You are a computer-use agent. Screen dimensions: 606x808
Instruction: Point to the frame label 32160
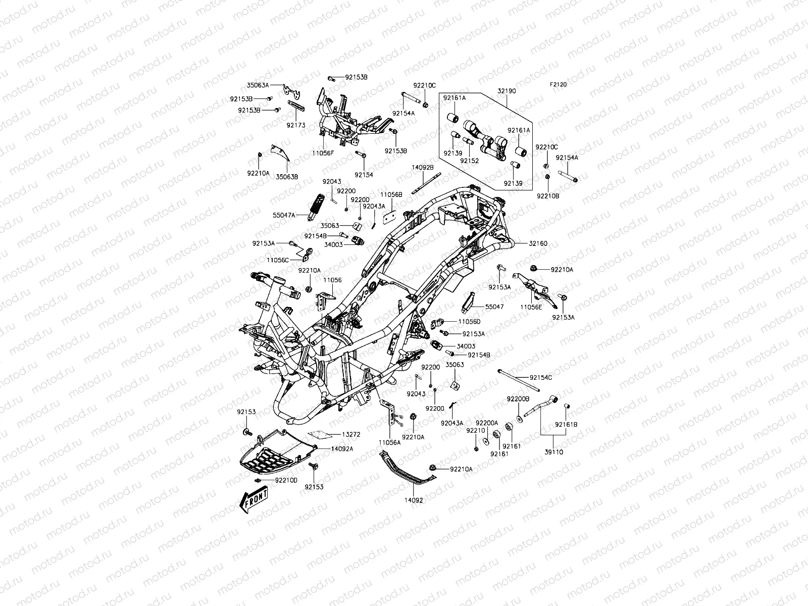point(538,243)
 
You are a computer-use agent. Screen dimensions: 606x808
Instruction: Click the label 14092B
point(423,167)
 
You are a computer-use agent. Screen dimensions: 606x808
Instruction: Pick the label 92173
point(296,125)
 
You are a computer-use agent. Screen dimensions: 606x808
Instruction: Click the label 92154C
point(541,378)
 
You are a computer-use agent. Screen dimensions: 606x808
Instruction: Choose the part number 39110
point(553,452)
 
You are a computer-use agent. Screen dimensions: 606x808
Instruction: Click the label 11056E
point(531,307)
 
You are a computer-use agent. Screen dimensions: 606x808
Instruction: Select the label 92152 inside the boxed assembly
point(469,161)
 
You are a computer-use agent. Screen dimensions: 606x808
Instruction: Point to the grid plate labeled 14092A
point(273,451)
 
